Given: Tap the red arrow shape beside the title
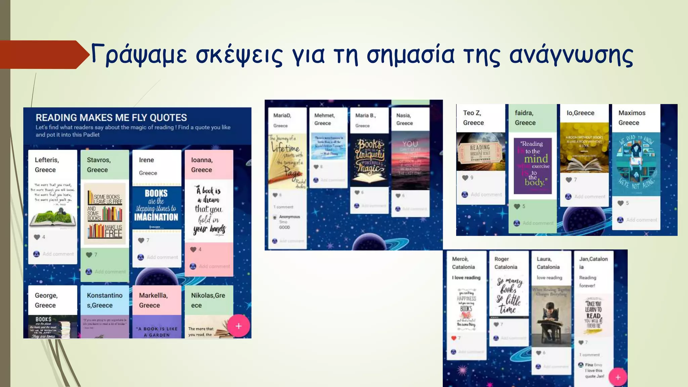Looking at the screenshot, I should (x=44, y=54).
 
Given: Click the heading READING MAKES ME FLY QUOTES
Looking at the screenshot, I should (x=111, y=118).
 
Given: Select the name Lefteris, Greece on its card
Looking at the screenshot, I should (x=47, y=165).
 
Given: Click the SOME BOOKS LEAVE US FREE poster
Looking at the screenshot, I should (x=105, y=214).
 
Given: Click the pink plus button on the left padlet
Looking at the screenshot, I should (x=239, y=326).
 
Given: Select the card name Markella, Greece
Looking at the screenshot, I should (x=153, y=300).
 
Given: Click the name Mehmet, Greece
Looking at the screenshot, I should (x=325, y=119).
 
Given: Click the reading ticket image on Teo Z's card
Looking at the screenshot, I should (x=480, y=152).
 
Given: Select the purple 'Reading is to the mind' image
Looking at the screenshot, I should (x=533, y=166).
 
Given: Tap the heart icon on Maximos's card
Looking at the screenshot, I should (x=620, y=203).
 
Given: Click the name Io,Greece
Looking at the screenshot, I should (x=580, y=113).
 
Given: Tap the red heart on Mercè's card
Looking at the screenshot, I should (x=454, y=338).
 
